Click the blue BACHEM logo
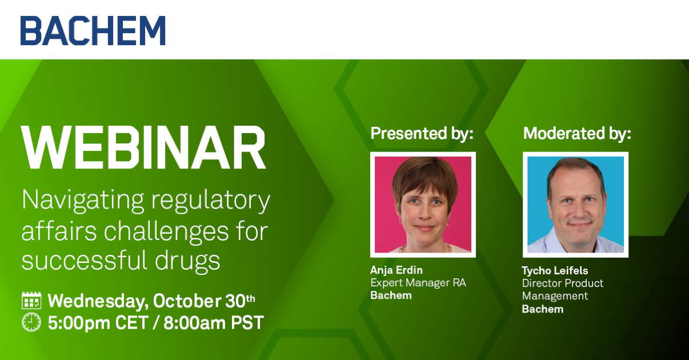[93, 31]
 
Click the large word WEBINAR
[143, 147]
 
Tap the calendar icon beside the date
[31, 301]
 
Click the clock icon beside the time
[31, 322]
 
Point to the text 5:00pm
[79, 323]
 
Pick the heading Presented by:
[422, 134]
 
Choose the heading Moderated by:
[577, 134]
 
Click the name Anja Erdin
[396, 270]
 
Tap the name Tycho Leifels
[555, 271]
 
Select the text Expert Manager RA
[418, 283]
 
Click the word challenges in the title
[166, 231]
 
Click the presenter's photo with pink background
[423, 205]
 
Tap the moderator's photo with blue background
[575, 205]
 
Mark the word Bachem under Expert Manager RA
[391, 295]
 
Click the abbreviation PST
[247, 323]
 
